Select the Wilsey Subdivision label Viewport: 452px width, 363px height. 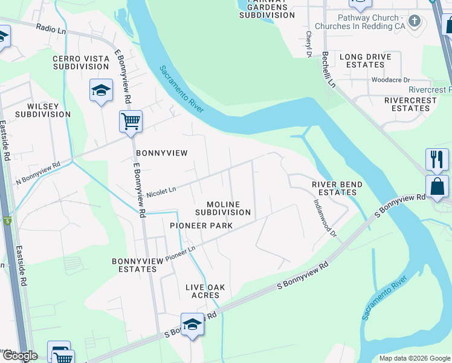43,110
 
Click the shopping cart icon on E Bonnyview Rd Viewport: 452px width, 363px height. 131,122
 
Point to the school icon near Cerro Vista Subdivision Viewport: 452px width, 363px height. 101,91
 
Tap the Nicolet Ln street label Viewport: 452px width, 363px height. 161,191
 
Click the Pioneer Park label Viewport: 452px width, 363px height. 201,226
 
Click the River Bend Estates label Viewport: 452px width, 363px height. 337,188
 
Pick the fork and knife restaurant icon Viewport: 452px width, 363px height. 437,160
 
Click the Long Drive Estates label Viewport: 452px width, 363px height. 365,60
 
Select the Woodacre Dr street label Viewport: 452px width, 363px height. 390,80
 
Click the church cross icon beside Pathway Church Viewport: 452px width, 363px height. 414,22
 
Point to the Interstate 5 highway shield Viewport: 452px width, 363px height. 7,222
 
